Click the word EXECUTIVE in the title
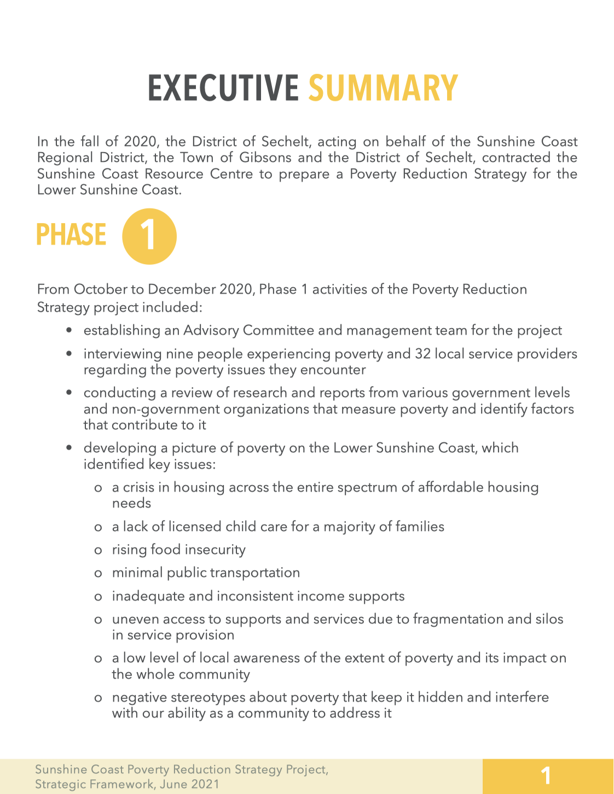tap(223, 88)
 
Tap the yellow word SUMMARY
tap(383, 88)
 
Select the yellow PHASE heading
tap(71, 235)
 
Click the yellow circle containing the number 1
tap(149, 236)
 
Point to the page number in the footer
tap(546, 776)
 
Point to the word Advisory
tap(211, 330)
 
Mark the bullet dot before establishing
tap(69, 331)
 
